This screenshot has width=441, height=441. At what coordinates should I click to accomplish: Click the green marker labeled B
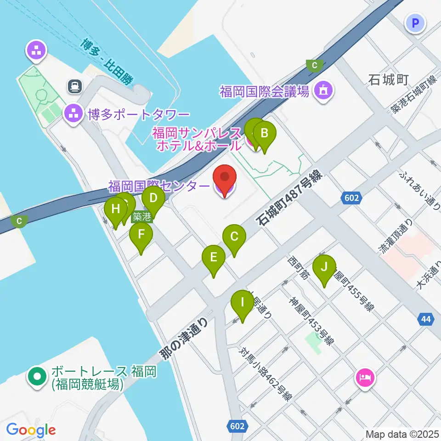point(265,134)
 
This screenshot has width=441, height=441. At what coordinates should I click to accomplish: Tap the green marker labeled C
point(234,237)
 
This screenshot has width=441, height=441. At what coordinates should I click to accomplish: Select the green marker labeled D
point(153,199)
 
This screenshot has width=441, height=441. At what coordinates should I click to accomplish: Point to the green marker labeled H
point(115,209)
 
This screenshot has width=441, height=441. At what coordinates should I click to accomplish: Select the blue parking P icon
point(416,23)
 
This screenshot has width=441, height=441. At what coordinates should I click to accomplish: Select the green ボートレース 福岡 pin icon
point(37,377)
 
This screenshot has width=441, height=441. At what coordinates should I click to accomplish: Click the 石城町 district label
point(389,81)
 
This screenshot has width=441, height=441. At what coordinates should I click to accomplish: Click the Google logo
point(31,430)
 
